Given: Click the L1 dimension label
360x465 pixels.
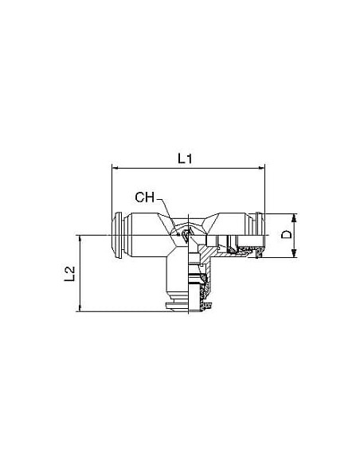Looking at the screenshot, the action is coord(185,158).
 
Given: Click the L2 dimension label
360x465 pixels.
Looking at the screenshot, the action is coord(69,274).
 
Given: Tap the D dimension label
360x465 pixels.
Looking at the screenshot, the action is coord(287,235).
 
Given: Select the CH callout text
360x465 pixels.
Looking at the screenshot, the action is coord(145,197).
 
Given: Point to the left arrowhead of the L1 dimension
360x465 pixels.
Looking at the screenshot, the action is coord(115,168).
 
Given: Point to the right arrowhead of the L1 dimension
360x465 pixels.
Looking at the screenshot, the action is coord(261,168).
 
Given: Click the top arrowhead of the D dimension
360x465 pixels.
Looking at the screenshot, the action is coord(294,217).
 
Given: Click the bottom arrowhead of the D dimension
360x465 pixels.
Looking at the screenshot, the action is coord(294,253).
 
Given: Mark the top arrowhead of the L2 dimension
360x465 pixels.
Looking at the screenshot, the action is coord(80,240).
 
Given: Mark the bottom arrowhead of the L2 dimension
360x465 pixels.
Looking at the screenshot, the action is coord(80,307).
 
